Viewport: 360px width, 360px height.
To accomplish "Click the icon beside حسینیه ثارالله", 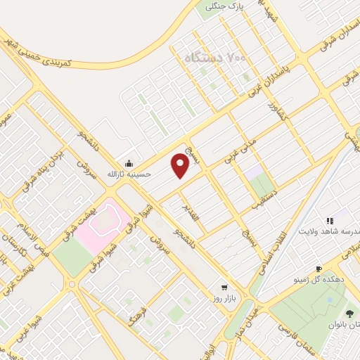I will (129, 162).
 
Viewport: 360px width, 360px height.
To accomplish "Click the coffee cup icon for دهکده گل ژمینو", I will (318, 269).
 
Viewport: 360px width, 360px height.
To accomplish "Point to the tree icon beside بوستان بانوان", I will (349, 313).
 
